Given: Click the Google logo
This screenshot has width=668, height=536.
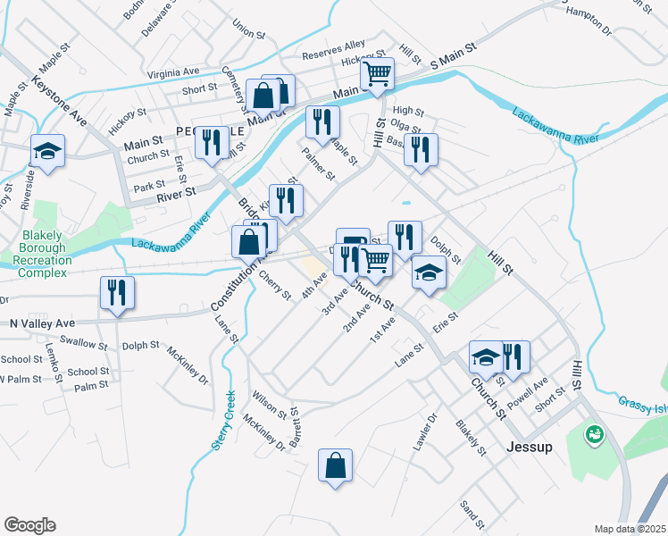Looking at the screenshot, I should (x=29, y=525).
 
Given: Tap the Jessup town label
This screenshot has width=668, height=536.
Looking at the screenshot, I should (x=528, y=447).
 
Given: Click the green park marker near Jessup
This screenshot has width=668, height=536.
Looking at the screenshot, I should (x=592, y=435).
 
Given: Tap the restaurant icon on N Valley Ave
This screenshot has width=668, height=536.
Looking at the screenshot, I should (x=117, y=293).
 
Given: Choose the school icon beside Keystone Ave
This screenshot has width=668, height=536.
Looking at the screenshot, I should (x=47, y=151).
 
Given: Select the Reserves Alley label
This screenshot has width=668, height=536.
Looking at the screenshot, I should (x=333, y=48).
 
